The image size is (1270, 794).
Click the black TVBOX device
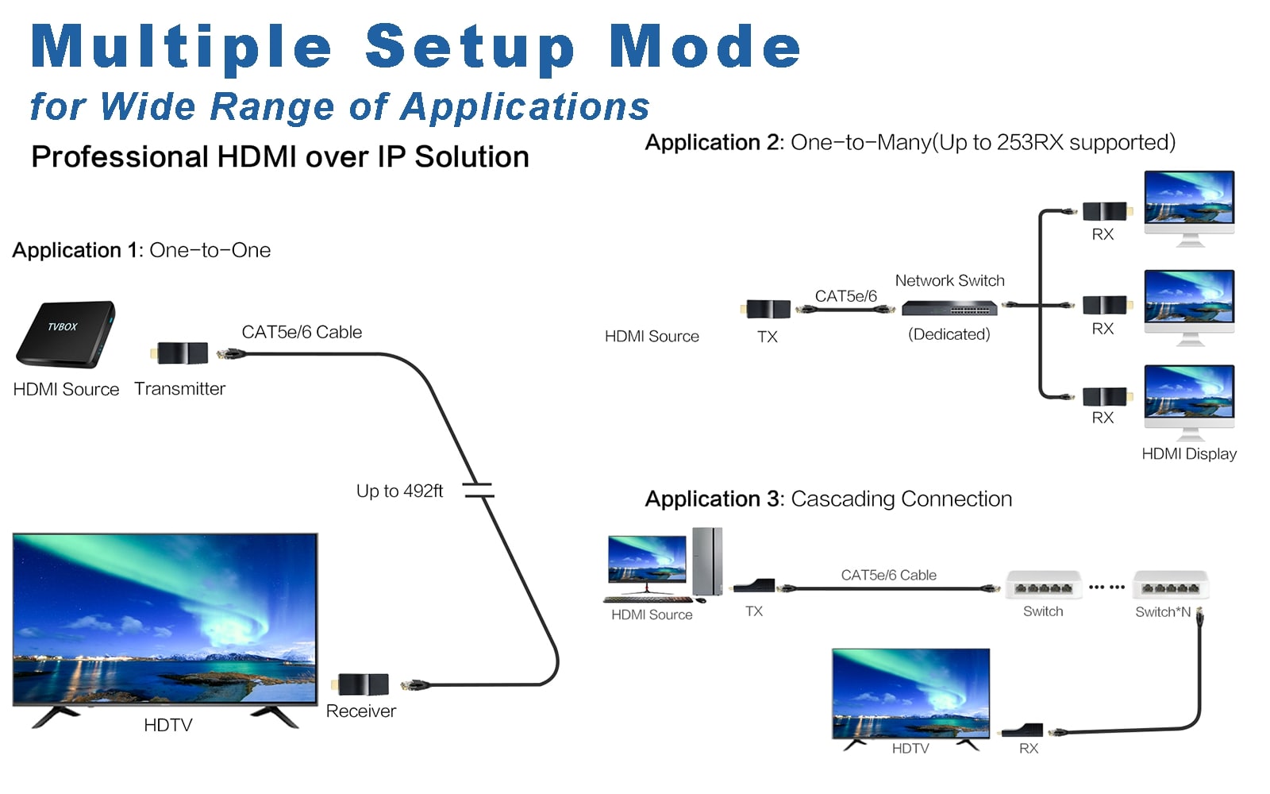tap(65, 333)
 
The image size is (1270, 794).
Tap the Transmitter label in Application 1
tap(179, 389)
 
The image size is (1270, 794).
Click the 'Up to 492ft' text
tap(399, 491)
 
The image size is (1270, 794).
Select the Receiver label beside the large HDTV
tap(360, 711)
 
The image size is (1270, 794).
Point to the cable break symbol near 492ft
tap(479, 491)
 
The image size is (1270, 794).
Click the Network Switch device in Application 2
tap(949, 308)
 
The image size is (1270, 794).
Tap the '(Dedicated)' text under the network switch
tap(949, 334)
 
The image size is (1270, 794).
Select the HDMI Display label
tap(1188, 454)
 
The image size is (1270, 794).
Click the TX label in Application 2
tap(767, 337)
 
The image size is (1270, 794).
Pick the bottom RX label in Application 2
tap(1103, 418)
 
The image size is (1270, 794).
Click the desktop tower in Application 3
tap(707, 561)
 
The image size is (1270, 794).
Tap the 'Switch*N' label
tap(1162, 612)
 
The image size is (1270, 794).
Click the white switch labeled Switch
tap(1043, 585)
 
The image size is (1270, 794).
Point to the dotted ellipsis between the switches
tap(1106, 588)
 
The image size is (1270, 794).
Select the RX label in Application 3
tap(1029, 749)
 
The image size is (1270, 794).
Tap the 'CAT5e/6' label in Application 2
tap(845, 296)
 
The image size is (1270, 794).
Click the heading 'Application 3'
tap(714, 499)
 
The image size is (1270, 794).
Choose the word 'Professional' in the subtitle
tap(119, 157)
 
